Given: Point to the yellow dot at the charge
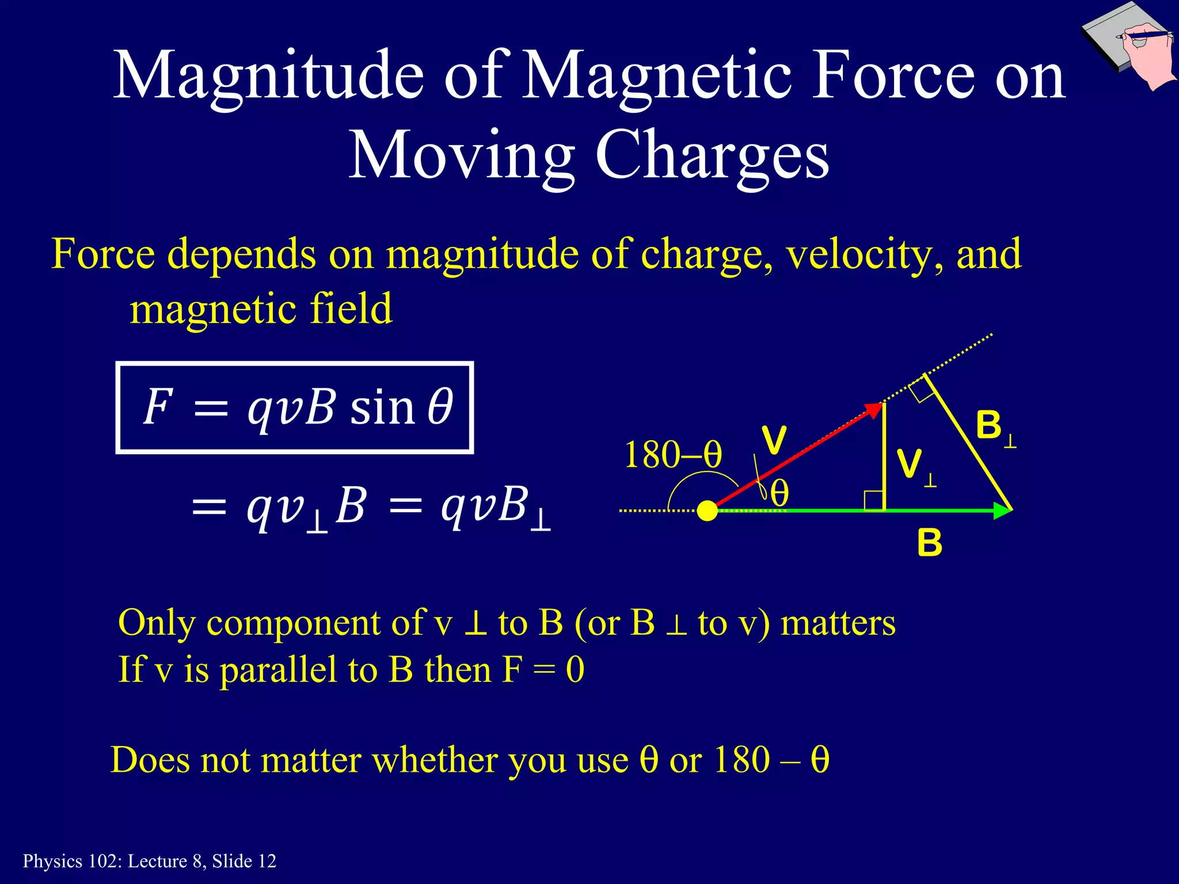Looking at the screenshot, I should pyautogui.click(x=708, y=510).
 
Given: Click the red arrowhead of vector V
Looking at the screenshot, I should pyautogui.click(x=874, y=410).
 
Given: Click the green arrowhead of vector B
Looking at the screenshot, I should pyautogui.click(x=1003, y=510).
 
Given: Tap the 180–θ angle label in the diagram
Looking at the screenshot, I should pyautogui.click(x=672, y=455).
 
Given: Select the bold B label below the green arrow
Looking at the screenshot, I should pyautogui.click(x=930, y=543).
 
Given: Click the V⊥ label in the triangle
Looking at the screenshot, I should pyautogui.click(x=915, y=466).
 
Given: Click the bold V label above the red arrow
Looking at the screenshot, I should pyautogui.click(x=774, y=440).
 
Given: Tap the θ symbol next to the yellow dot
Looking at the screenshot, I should pyautogui.click(x=779, y=494).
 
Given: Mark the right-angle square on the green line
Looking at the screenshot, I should pyautogui.click(x=874, y=500).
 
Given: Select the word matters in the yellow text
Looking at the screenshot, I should pyautogui.click(x=838, y=623).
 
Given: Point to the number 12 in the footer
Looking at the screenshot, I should pyautogui.click(x=267, y=861).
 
